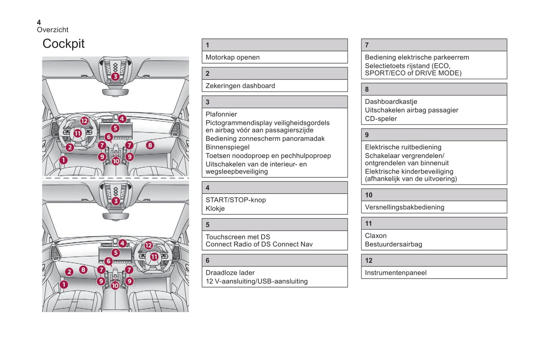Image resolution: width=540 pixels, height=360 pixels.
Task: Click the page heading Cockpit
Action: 64,44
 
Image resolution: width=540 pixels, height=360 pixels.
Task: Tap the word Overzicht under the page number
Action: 53,30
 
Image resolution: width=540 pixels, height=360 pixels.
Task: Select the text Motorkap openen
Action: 232,58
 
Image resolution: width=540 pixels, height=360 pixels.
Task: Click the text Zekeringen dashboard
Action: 240,86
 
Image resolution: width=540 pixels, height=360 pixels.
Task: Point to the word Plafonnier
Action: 221,114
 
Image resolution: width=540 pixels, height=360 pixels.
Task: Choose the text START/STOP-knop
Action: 236,200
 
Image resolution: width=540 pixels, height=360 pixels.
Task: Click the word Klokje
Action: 215,209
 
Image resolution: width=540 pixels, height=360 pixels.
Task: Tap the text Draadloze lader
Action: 230,273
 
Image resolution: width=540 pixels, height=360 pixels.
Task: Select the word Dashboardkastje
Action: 391,102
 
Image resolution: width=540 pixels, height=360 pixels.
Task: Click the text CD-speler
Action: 381,119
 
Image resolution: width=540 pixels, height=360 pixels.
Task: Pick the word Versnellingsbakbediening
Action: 405,207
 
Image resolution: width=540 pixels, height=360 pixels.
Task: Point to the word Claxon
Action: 376,236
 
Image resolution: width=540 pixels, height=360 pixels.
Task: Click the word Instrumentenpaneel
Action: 396,273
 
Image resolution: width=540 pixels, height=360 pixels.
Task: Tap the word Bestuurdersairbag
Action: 394,245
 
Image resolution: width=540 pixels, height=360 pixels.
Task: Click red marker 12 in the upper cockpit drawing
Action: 84,121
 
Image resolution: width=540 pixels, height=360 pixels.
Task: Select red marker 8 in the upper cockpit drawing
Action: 150,145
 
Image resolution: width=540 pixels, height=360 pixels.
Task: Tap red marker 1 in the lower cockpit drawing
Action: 64,285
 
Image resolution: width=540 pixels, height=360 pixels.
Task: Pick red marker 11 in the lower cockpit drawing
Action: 154,257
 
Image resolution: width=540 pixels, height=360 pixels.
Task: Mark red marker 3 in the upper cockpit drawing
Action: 115,77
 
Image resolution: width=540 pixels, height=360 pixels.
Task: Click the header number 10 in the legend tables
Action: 369,195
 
